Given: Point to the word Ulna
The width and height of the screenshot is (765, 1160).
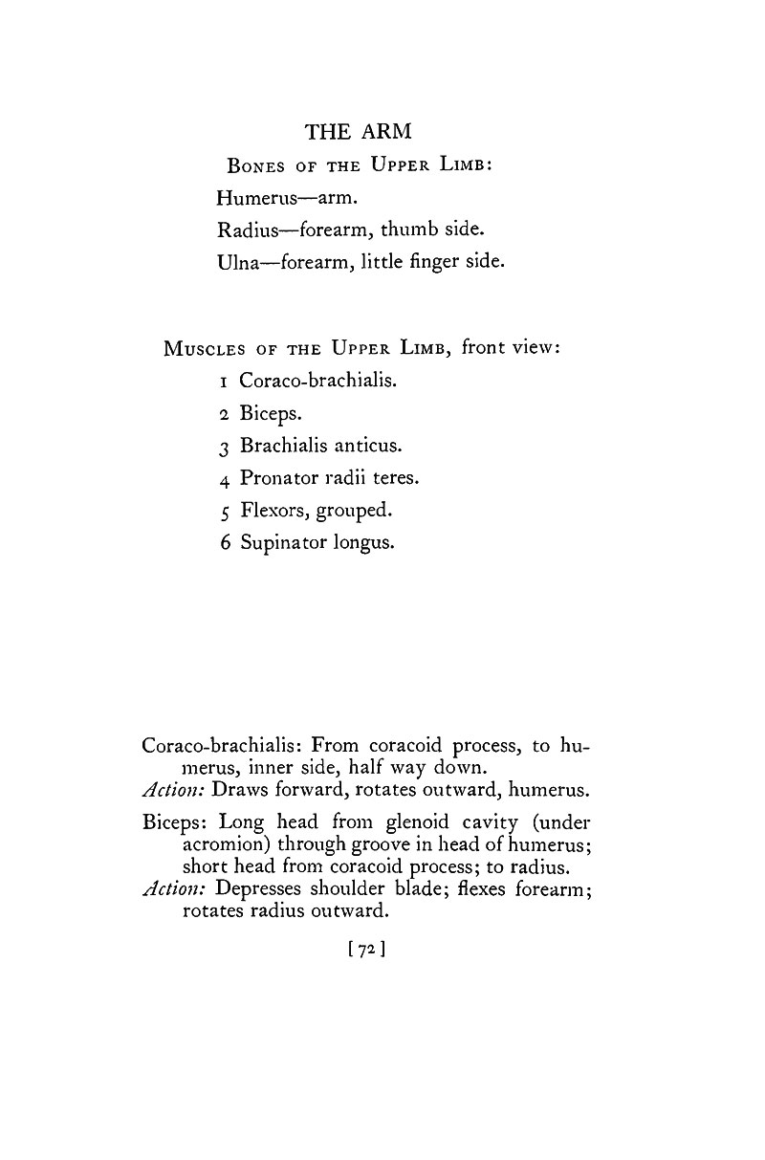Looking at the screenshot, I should click(237, 261).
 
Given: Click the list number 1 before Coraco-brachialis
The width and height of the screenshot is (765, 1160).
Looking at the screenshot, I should click(222, 381).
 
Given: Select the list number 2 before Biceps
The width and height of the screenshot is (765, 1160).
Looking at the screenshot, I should click(222, 413).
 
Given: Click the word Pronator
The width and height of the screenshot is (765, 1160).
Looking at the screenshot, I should click(277, 478).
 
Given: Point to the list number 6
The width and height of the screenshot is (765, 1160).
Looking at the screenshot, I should click(222, 542).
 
